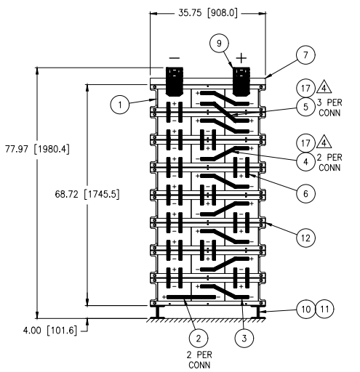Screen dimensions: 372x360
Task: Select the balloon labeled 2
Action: [194, 336]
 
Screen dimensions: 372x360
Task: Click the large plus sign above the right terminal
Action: [241, 57]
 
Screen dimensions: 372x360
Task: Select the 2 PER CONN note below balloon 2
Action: [195, 360]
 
